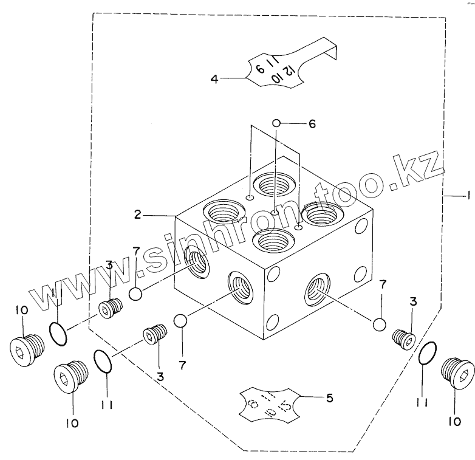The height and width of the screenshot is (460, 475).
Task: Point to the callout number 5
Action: click(x=330, y=399)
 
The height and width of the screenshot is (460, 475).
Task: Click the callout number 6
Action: click(x=312, y=124)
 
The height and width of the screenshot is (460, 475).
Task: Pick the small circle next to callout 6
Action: click(x=276, y=123)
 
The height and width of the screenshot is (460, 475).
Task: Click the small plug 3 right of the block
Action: click(x=403, y=338)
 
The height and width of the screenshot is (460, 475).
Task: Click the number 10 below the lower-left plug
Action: click(x=72, y=423)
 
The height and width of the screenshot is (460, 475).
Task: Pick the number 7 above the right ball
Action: click(x=383, y=284)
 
